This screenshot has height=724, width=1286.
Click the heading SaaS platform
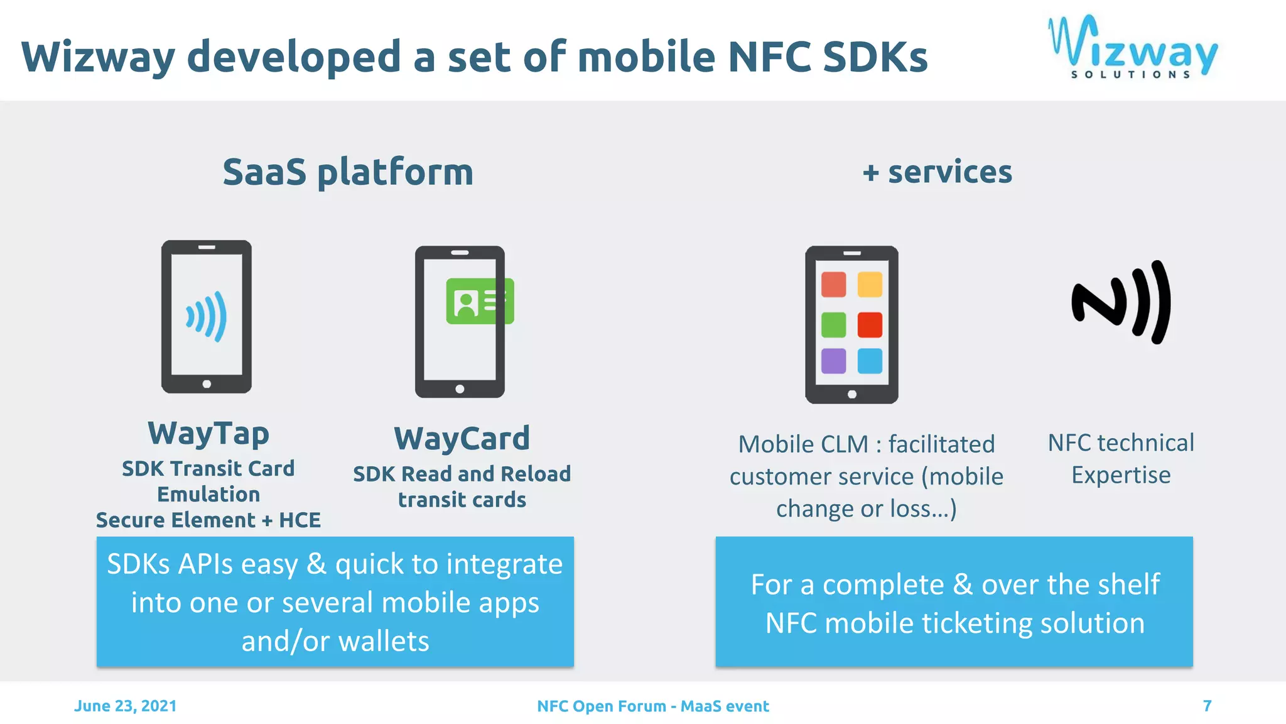(x=348, y=172)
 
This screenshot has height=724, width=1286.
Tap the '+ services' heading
(x=937, y=172)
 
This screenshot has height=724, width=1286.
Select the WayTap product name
(x=208, y=433)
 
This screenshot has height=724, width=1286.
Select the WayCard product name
(x=462, y=438)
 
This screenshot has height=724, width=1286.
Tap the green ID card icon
(x=480, y=301)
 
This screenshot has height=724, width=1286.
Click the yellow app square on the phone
(x=870, y=284)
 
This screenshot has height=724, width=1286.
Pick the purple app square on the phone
(x=833, y=361)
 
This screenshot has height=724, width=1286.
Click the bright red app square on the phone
(x=870, y=324)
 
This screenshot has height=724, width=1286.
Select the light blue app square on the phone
(x=870, y=361)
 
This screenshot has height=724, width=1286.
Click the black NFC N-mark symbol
(x=1121, y=302)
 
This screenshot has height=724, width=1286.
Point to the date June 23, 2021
(x=125, y=706)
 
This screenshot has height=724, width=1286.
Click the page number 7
(x=1207, y=706)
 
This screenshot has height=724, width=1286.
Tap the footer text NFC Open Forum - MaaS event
(x=652, y=706)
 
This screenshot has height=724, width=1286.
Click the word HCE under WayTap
(x=300, y=520)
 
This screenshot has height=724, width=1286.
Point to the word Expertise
(x=1121, y=475)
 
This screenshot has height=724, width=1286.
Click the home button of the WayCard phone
(x=460, y=389)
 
